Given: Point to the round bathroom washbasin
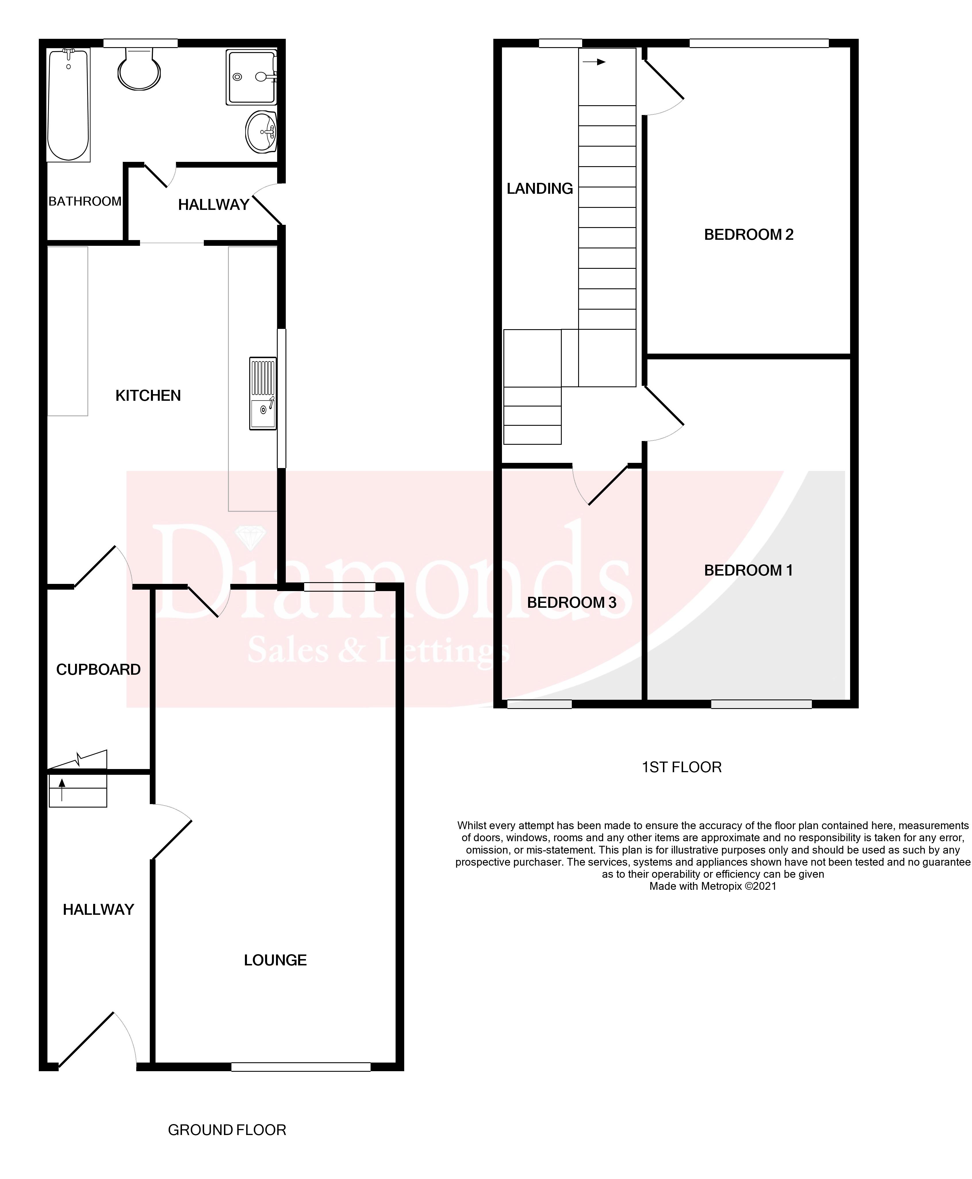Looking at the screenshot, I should coord(261,132).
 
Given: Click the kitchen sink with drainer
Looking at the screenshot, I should coord(262,394).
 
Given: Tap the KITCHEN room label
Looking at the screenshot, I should coord(148,396).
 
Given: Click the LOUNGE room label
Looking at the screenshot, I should coord(275,960).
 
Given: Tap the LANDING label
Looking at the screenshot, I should coord(539,189).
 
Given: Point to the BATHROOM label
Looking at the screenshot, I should coord(85,202).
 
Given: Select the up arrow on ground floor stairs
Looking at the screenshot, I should coord(62,789).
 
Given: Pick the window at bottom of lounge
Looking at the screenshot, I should coord(301,1067).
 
